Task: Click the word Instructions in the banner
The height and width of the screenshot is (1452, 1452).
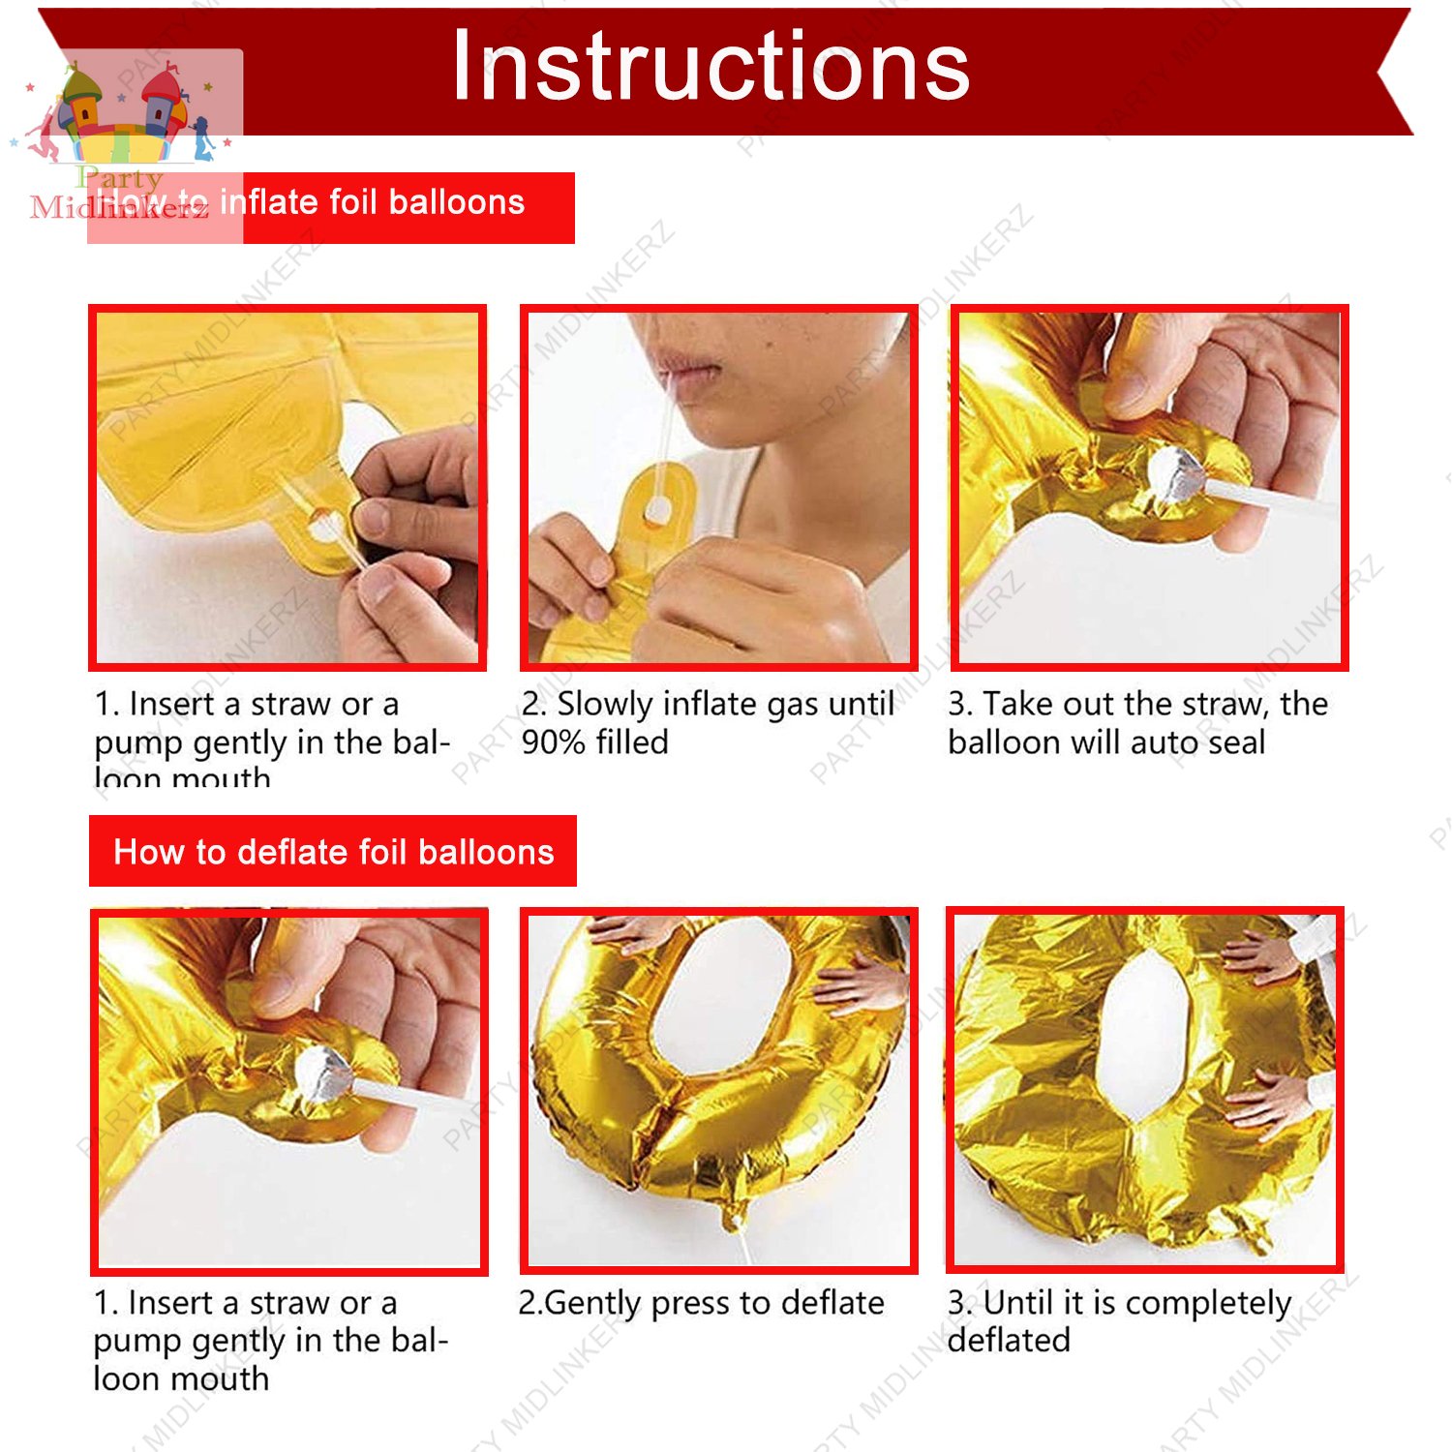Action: [x=711, y=66]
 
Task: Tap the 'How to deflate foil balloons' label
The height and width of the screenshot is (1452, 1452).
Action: [x=333, y=852]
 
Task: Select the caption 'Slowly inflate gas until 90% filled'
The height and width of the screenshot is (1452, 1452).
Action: [x=708, y=723]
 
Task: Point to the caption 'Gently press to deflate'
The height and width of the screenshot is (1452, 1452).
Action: [x=701, y=1303]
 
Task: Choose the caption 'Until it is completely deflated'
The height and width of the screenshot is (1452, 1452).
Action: [x=1119, y=1321]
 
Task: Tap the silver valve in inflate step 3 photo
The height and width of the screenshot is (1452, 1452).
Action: [x=1175, y=473]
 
